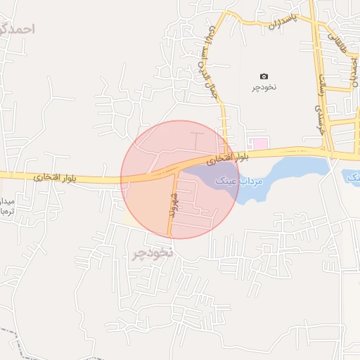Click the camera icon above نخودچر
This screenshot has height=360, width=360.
[264, 76]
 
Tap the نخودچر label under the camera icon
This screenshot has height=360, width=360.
[265, 87]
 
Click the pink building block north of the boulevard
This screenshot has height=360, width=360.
[259, 143]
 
